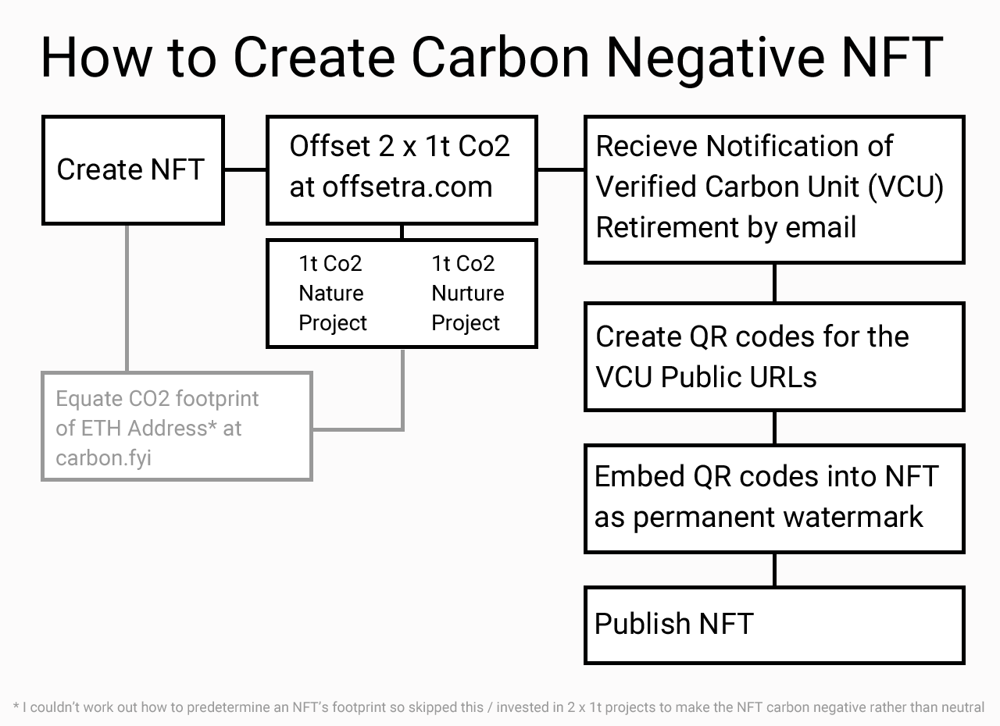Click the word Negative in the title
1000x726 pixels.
coord(715,59)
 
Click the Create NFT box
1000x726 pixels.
coord(133,170)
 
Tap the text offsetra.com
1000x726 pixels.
coord(407,187)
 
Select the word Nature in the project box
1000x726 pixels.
coord(330,293)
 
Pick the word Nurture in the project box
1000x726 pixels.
coord(467,293)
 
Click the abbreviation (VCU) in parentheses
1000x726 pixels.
coord(905,187)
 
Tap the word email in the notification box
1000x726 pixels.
coord(820,227)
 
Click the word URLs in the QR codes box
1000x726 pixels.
coord(784,377)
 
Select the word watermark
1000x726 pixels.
coord(853,517)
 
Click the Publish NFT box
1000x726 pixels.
coord(774,625)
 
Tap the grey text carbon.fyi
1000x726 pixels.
coord(104,458)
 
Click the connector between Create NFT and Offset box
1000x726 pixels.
coord(245,169)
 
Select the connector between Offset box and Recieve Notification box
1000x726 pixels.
coord(561,169)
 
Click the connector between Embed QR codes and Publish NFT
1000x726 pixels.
coord(774,570)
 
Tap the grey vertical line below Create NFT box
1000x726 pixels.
coord(127,298)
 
